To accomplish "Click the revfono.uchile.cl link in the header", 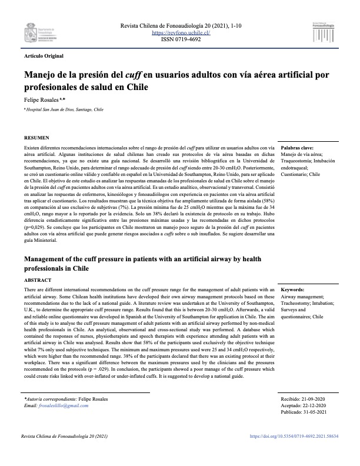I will point(181,34).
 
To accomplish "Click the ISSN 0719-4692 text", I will point(181,41).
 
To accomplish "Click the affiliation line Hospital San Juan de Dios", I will point(64,109).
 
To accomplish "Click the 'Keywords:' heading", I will point(293,290).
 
